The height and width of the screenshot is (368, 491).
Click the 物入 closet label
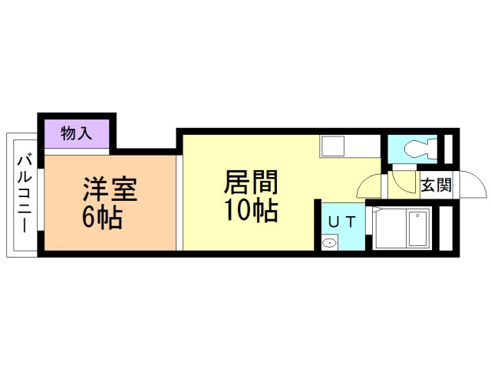coord(76,133)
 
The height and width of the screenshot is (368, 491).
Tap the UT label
coord(341,222)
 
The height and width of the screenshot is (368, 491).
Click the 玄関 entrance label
coord(436,185)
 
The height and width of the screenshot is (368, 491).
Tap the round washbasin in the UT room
coord(329,244)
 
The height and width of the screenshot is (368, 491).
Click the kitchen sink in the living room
coord(334,146)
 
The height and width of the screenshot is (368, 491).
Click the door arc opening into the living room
coord(370,185)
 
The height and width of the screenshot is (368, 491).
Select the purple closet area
coord(77,134)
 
